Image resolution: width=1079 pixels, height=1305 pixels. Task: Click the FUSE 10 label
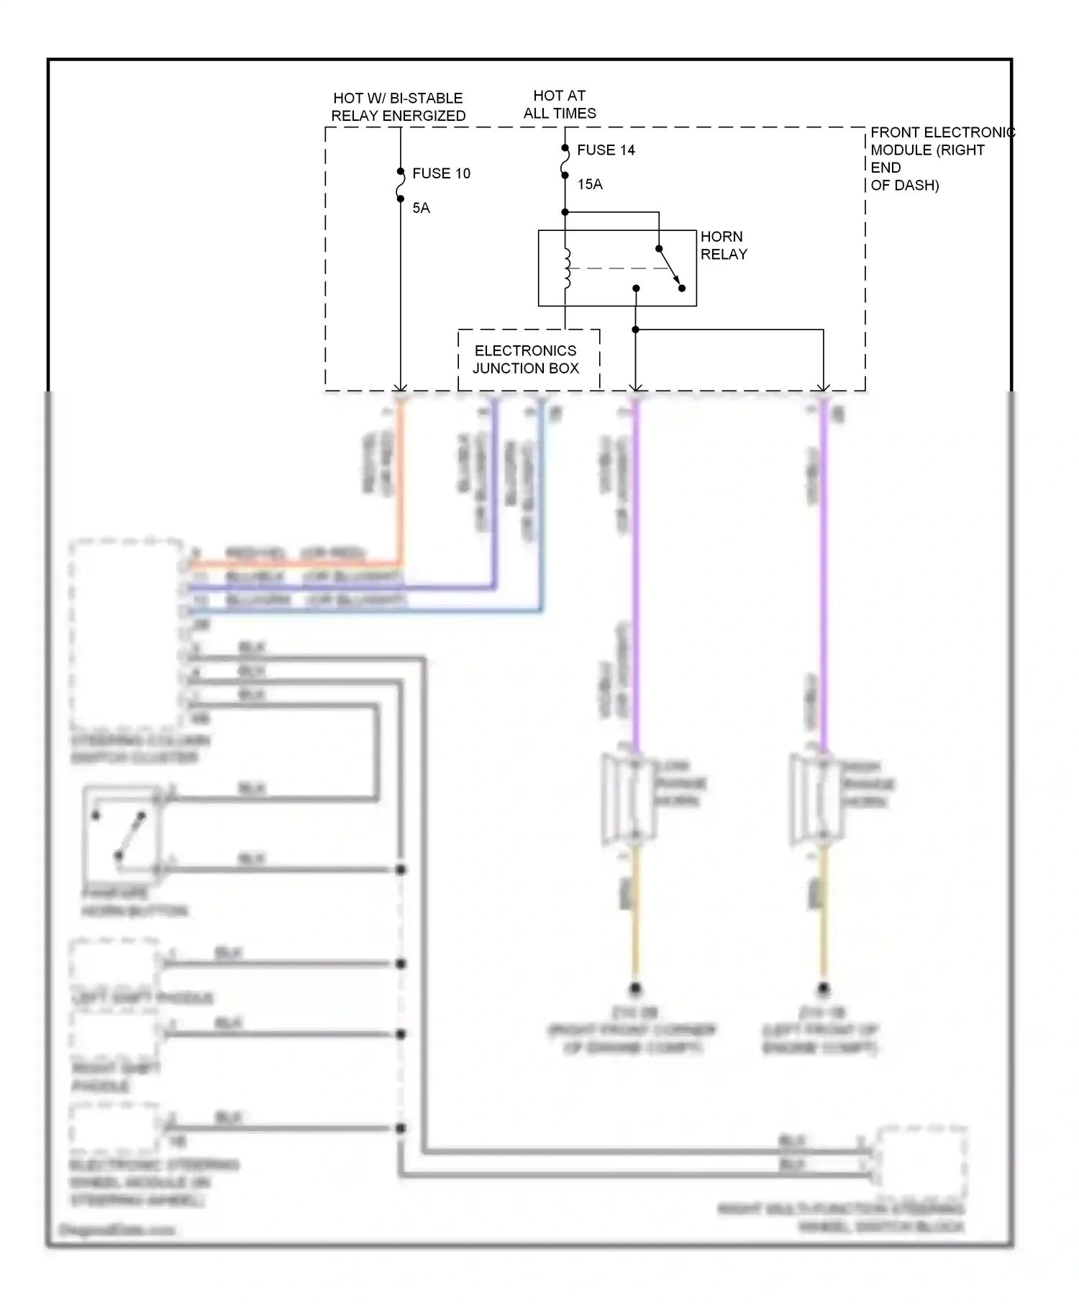tap(441, 173)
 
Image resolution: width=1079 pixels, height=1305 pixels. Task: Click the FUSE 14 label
tap(606, 150)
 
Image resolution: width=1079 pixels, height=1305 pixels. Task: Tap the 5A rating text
tap(421, 208)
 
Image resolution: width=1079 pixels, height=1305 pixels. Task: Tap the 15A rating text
tap(589, 184)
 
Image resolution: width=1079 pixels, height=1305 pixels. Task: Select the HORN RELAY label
tap(723, 245)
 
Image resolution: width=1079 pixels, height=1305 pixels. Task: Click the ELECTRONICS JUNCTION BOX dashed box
tap(528, 359)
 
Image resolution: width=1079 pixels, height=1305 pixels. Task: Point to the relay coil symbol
tap(566, 268)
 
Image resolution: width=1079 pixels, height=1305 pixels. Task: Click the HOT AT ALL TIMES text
tap(559, 104)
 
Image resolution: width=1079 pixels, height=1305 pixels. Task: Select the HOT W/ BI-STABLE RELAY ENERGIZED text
tap(398, 106)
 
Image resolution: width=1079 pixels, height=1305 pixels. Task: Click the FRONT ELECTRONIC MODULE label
tap(935, 158)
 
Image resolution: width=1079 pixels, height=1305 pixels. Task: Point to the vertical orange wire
tap(401, 482)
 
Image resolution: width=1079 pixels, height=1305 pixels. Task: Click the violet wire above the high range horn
tap(823, 576)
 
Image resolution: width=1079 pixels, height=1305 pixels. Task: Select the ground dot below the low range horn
tap(634, 988)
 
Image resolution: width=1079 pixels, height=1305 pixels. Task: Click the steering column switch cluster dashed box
tap(126, 633)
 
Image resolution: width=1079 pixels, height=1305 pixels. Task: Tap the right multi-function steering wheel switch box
tap(921, 1158)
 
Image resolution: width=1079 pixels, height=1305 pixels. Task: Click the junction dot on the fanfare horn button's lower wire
tap(401, 870)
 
